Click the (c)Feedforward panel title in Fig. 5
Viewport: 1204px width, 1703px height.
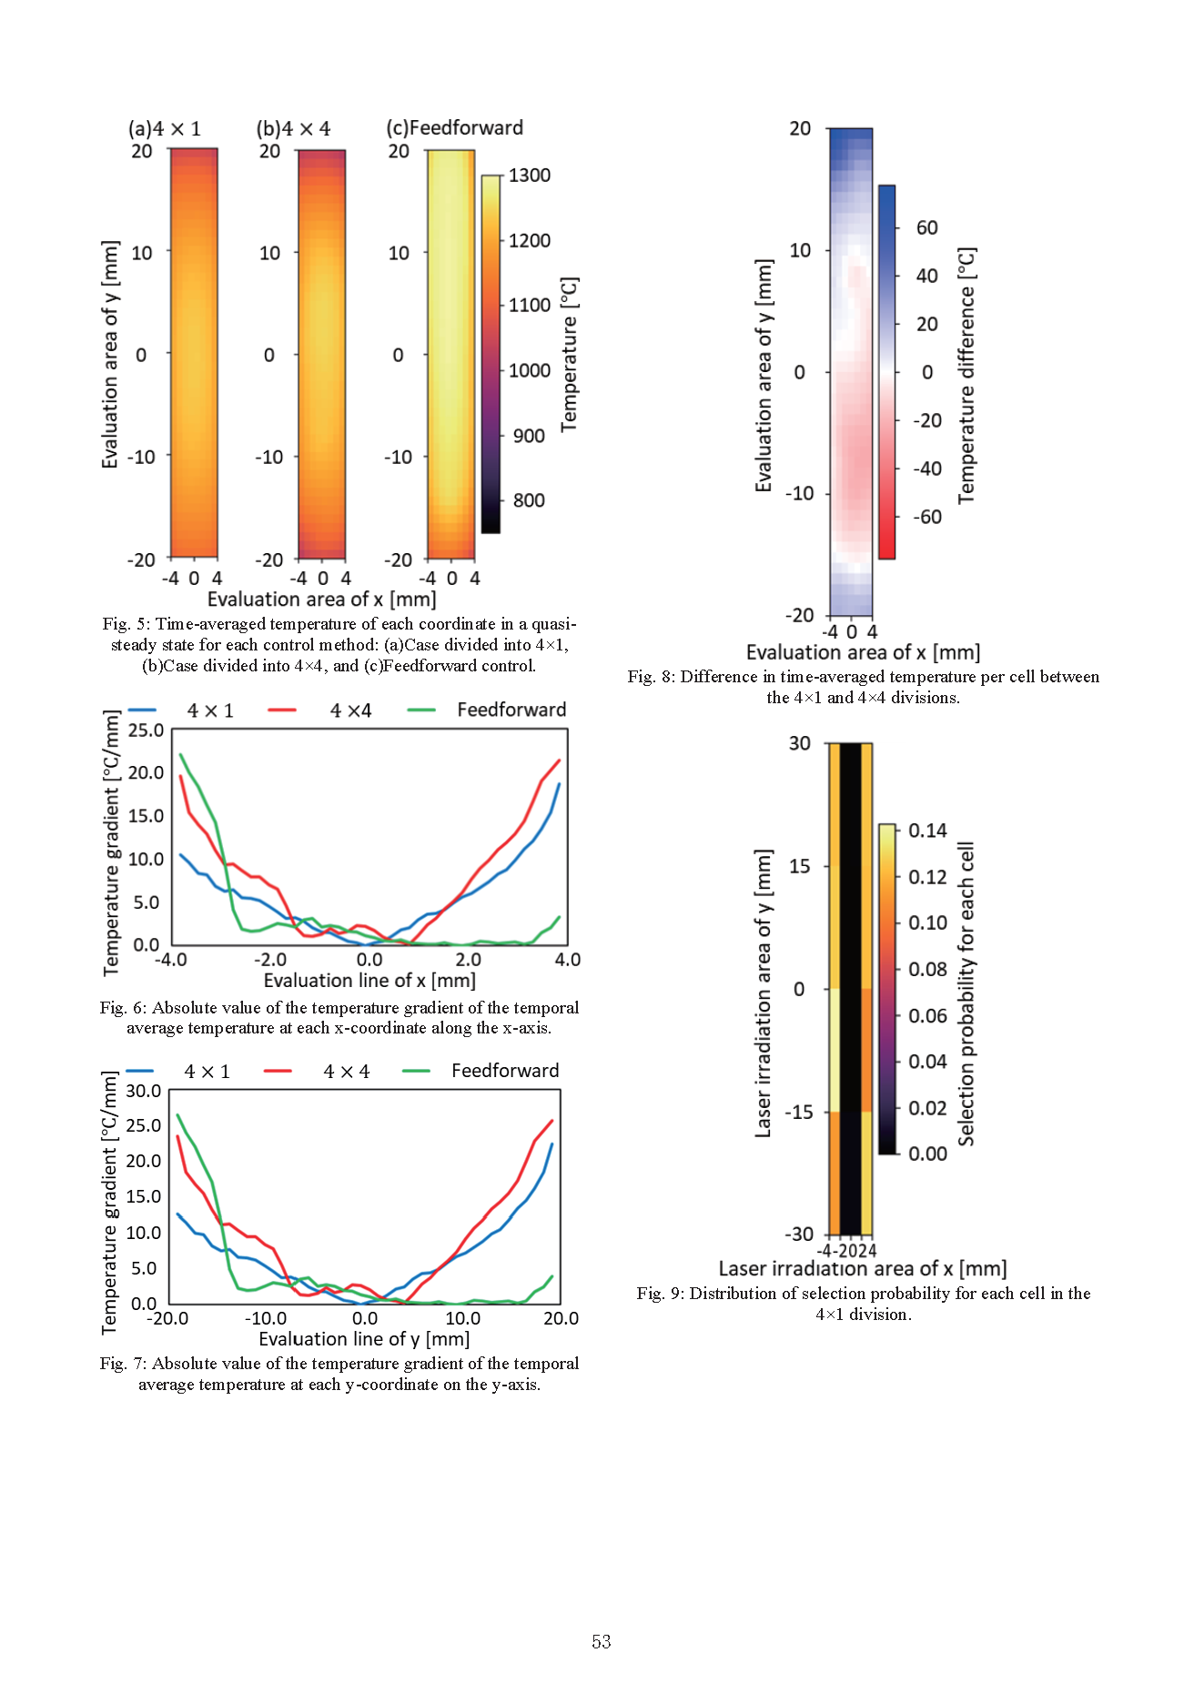(x=454, y=127)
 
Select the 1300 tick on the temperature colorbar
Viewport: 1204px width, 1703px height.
(x=529, y=176)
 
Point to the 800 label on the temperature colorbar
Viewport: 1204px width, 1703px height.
(x=529, y=500)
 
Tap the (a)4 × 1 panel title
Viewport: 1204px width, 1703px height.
(x=164, y=128)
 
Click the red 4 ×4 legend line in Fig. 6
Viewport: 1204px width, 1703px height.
(x=282, y=710)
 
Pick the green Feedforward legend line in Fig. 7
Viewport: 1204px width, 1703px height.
(x=416, y=1071)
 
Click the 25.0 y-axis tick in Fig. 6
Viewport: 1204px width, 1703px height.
(x=146, y=731)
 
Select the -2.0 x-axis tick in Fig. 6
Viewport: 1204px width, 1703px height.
(x=270, y=960)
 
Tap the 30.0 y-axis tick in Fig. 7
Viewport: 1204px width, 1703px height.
(x=144, y=1091)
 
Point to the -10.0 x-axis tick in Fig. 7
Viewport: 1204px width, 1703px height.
(x=266, y=1318)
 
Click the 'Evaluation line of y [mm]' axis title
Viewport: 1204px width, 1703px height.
(x=364, y=1339)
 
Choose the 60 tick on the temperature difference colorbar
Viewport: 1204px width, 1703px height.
(x=926, y=227)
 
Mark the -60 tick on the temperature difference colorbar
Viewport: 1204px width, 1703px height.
(x=926, y=517)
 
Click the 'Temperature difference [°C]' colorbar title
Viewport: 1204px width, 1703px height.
(x=966, y=375)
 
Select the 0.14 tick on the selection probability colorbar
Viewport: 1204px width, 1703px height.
(x=927, y=831)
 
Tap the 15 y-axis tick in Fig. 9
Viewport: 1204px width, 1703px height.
(x=799, y=866)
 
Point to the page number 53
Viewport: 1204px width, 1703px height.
(x=602, y=1642)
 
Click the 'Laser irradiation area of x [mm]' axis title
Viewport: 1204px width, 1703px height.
(x=862, y=1269)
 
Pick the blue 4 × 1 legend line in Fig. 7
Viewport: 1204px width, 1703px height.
(x=140, y=1071)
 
